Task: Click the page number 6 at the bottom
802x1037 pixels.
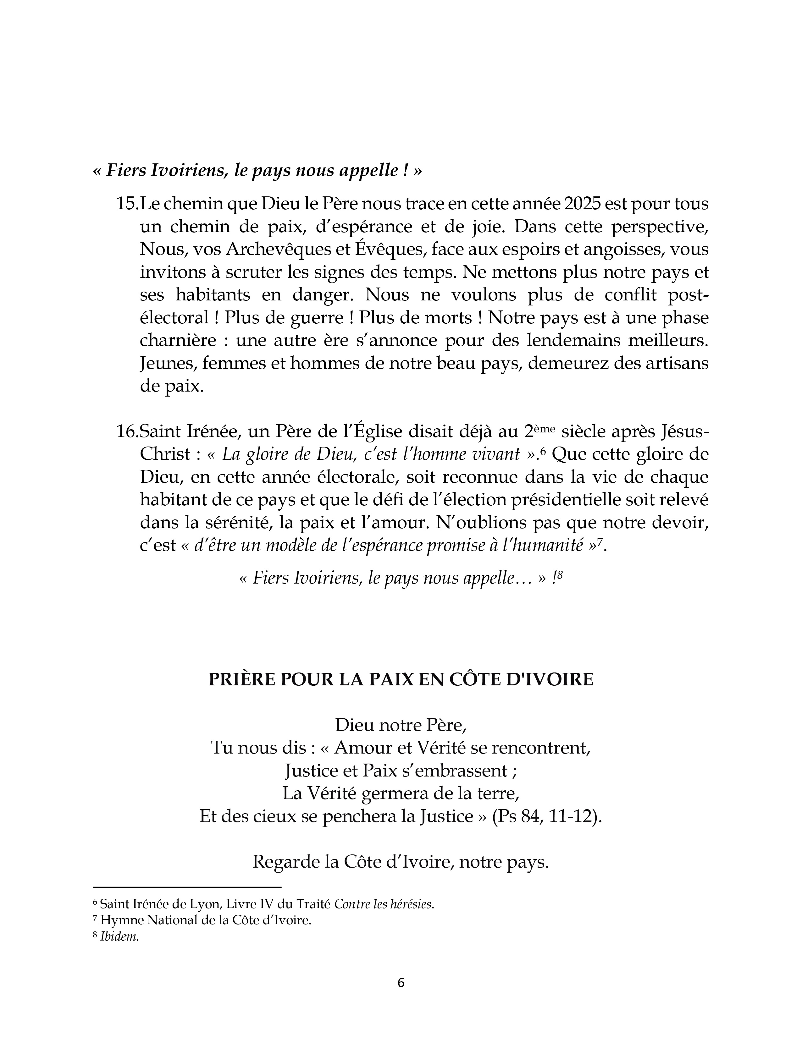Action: click(x=401, y=983)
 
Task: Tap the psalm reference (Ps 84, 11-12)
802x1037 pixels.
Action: click(x=547, y=816)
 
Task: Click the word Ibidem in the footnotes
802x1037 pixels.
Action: click(x=119, y=937)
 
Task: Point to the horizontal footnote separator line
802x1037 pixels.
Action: click(x=187, y=886)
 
